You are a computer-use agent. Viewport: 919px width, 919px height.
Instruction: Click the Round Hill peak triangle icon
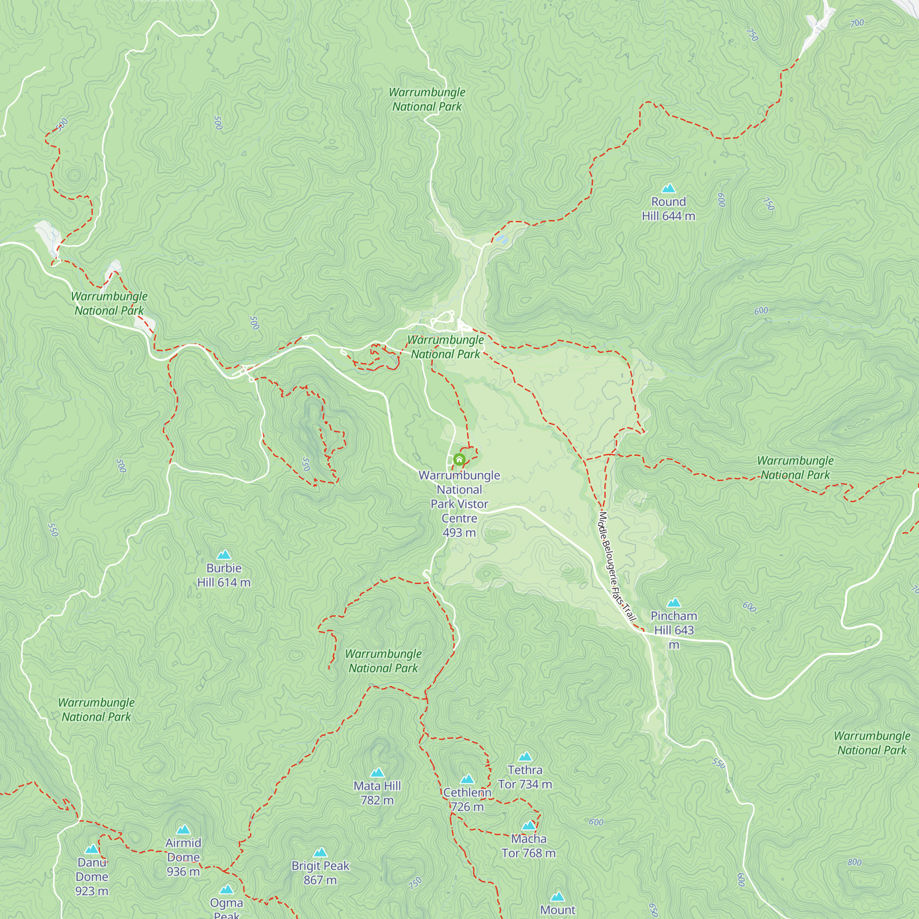tap(668, 188)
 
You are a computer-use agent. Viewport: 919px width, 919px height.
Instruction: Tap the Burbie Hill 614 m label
tap(224, 575)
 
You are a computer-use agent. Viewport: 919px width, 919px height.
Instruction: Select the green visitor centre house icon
tap(459, 459)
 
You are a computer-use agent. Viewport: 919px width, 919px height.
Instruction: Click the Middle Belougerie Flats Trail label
tap(617, 566)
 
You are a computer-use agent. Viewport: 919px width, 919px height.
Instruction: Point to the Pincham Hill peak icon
tap(674, 603)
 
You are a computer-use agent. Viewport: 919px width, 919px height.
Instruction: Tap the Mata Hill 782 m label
tap(377, 793)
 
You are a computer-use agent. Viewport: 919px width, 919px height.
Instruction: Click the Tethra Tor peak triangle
tap(525, 756)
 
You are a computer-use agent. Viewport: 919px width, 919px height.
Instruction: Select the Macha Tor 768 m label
tap(528, 846)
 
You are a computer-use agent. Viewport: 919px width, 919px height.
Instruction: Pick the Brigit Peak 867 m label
tap(320, 873)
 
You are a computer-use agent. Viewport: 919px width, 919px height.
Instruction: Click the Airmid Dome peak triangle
tap(183, 830)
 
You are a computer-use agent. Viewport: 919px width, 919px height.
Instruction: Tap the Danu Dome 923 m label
tap(92, 876)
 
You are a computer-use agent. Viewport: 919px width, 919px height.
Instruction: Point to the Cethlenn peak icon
tap(467, 779)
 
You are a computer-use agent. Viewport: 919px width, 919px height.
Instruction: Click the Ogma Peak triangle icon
tap(227, 889)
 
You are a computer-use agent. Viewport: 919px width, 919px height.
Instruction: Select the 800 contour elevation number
tap(854, 862)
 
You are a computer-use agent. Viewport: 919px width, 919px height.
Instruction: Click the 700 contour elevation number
tap(857, 23)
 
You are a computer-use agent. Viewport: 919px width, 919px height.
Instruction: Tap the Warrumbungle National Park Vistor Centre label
tap(459, 504)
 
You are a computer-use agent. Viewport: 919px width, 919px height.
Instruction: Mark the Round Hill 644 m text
tap(668, 209)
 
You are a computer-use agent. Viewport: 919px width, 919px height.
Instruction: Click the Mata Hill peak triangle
tap(377, 772)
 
